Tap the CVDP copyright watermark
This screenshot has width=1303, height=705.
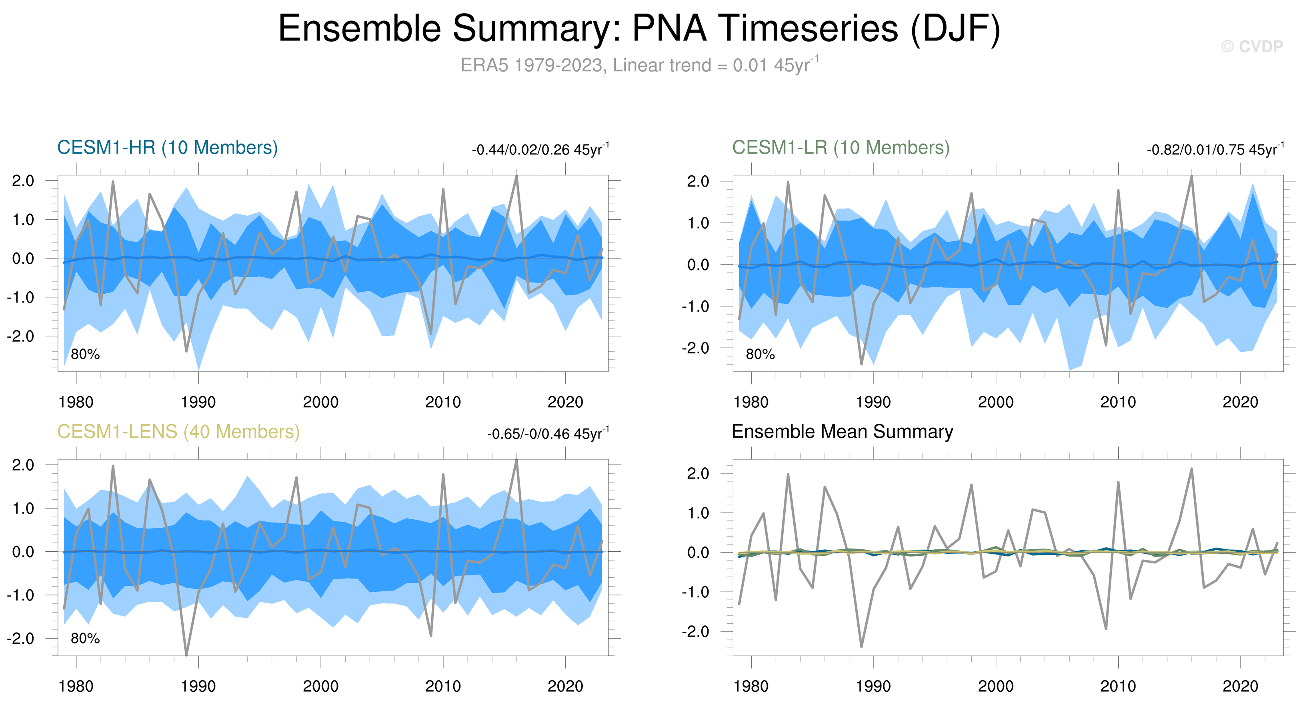(1252, 46)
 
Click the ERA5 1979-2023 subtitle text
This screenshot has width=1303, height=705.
(639, 66)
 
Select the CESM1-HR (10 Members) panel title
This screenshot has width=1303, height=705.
(168, 148)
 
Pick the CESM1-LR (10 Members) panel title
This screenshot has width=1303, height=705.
(841, 148)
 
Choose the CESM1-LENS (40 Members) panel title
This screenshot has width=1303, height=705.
(178, 432)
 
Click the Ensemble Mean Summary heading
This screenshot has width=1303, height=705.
(842, 432)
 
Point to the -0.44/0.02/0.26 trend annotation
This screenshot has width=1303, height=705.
(540, 150)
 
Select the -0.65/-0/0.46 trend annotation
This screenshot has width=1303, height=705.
(548, 434)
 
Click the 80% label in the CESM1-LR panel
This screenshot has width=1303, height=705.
(760, 355)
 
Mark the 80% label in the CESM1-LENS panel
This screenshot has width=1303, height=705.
(85, 639)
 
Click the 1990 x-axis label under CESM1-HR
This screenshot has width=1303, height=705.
(198, 403)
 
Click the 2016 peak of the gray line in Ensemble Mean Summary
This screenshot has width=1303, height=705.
(1192, 469)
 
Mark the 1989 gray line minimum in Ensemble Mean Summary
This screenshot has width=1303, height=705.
(861, 646)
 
